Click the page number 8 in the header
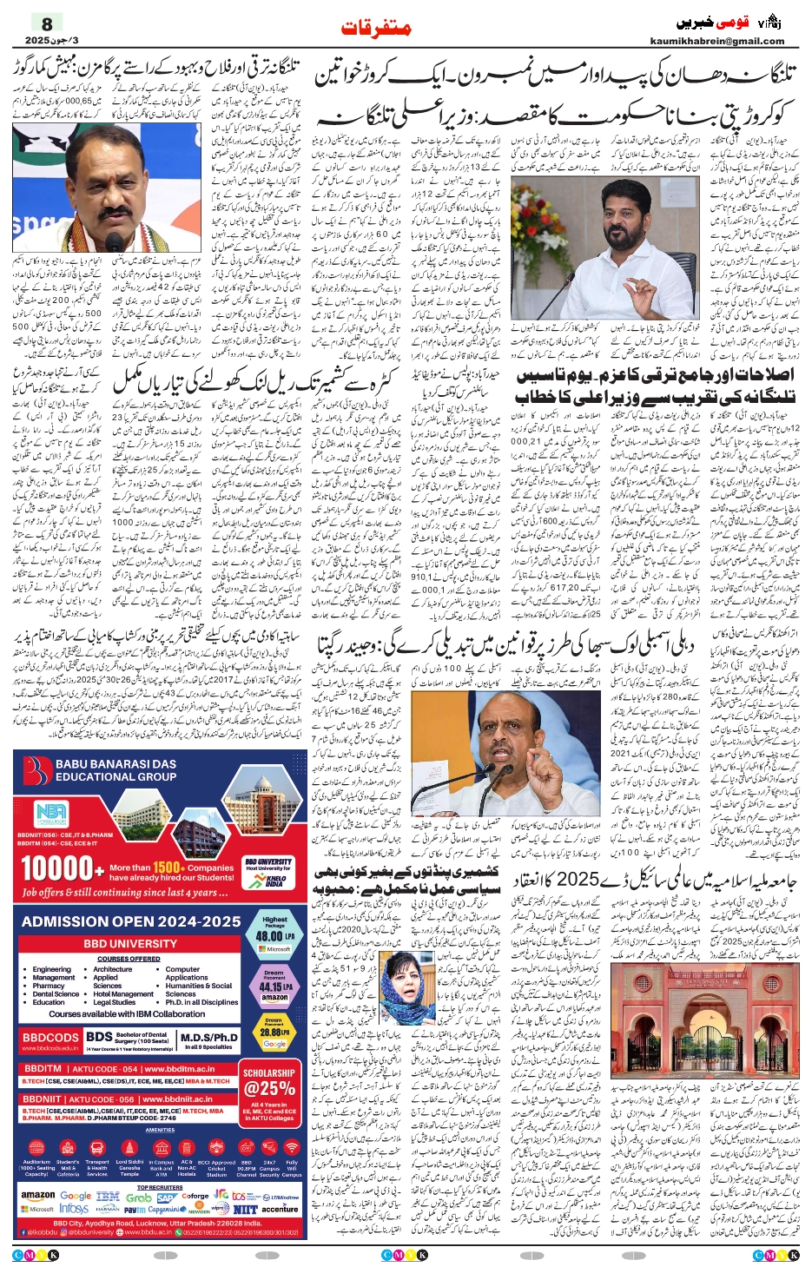click(x=47, y=23)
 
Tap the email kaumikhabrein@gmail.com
click(x=717, y=41)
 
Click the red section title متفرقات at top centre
click(x=376, y=28)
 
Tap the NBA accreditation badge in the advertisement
click(x=52, y=815)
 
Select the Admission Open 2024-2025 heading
click(x=131, y=921)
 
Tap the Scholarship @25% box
click(x=269, y=1083)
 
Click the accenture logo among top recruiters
click(x=280, y=1209)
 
